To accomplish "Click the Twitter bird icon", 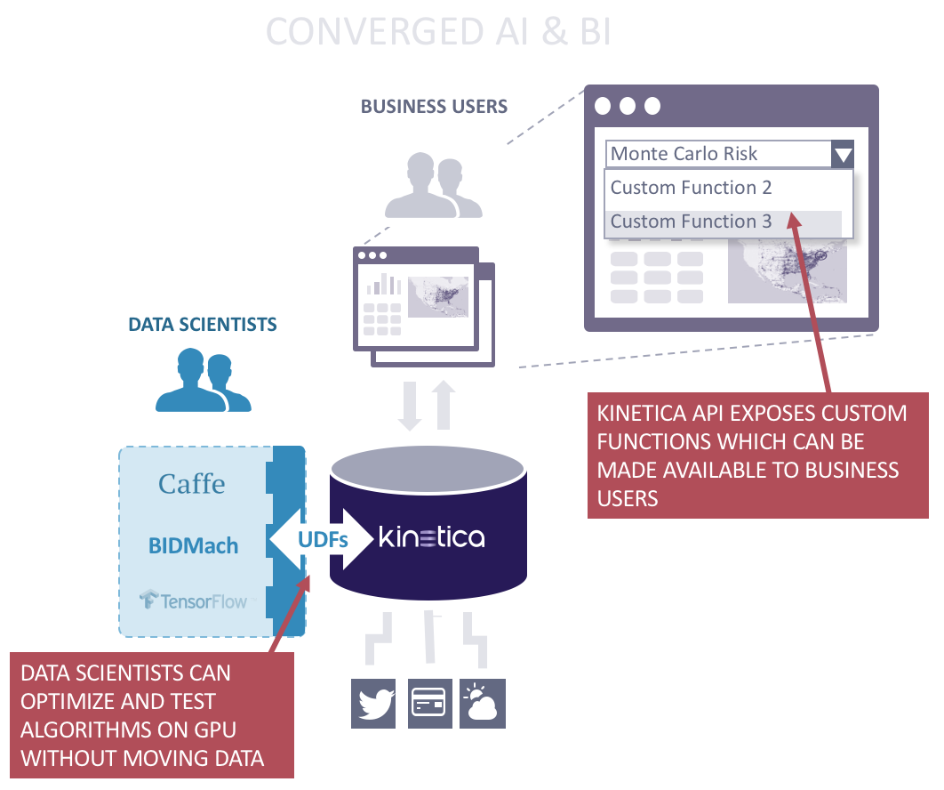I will pos(374,704).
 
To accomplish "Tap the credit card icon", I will pos(430,704).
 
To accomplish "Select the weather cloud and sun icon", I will pos(483,704).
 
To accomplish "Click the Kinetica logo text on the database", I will pos(431,538).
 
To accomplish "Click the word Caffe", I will pos(192,484).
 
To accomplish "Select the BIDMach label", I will pos(193,544).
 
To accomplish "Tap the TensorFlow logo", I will pos(193,601).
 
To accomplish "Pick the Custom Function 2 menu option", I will pos(692,188).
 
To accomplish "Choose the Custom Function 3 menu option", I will pos(692,222).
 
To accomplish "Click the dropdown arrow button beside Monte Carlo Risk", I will pos(843,155).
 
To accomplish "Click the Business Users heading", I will pos(434,107).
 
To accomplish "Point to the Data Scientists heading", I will pos(203,325).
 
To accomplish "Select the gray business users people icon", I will pos(433,186).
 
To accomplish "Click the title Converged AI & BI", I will pos(438,32).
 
